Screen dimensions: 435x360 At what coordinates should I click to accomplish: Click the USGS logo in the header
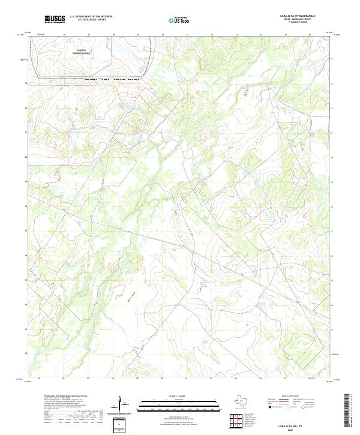tap(55, 20)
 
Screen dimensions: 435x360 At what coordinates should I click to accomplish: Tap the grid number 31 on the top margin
tap(187, 35)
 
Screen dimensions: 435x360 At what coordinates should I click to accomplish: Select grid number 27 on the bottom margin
tap(88, 379)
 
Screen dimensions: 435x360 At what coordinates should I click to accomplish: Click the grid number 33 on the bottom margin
tap(236, 379)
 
